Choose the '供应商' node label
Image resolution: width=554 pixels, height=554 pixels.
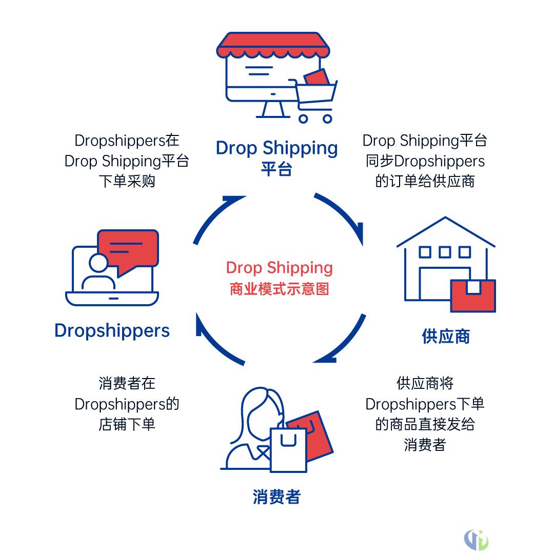[446, 337]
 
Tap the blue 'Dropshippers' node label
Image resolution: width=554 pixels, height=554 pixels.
[112, 331]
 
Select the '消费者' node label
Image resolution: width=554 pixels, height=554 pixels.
[276, 497]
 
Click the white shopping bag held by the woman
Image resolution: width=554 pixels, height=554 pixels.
[288, 449]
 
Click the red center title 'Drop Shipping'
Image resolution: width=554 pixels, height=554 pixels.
[279, 268]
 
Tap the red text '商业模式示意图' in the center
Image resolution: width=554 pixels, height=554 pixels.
[279, 289]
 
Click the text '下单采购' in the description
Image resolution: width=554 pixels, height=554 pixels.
[127, 182]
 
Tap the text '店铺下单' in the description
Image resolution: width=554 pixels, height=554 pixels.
[127, 425]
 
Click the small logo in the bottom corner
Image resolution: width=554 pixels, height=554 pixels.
[476, 539]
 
